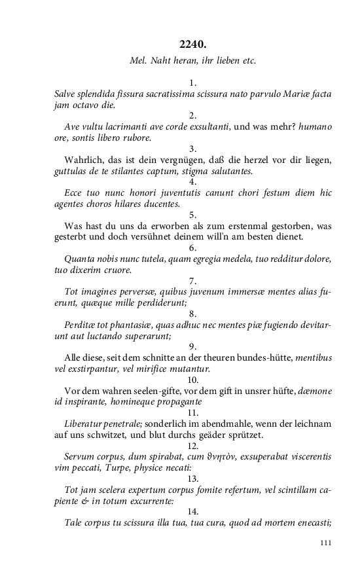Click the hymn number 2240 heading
point(192,44)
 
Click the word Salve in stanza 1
point(66,94)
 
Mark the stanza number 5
point(192,214)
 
